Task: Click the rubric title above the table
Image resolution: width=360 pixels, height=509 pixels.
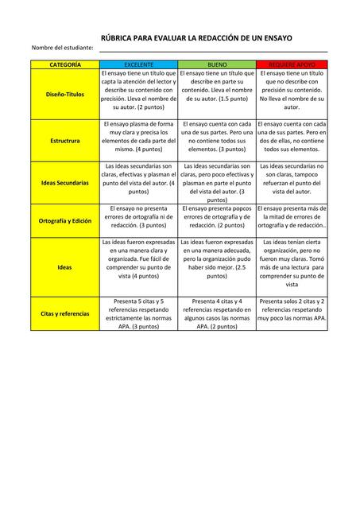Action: [195, 37]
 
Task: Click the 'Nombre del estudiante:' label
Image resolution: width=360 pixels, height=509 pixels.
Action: [63, 49]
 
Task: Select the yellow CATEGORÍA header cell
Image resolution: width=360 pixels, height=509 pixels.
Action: [65, 63]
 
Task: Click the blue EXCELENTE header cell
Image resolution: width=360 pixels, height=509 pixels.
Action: [139, 63]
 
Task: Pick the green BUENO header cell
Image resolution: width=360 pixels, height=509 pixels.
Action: [217, 63]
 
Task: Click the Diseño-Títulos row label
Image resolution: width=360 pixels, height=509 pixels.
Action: [65, 94]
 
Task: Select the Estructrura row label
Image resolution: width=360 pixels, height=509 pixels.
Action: [65, 140]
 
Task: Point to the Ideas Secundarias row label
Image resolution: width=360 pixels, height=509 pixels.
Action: [65, 182]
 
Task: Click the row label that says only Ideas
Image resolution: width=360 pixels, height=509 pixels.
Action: [65, 267]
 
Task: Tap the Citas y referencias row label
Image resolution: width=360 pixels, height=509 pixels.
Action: [65, 313]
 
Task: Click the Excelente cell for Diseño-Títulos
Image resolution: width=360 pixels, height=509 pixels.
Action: [139, 90]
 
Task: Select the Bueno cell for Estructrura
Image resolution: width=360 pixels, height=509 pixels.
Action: [217, 137]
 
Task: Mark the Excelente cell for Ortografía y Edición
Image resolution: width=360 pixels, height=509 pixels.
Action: [139, 216]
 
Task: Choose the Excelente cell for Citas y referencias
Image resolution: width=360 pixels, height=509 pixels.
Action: [139, 313]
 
